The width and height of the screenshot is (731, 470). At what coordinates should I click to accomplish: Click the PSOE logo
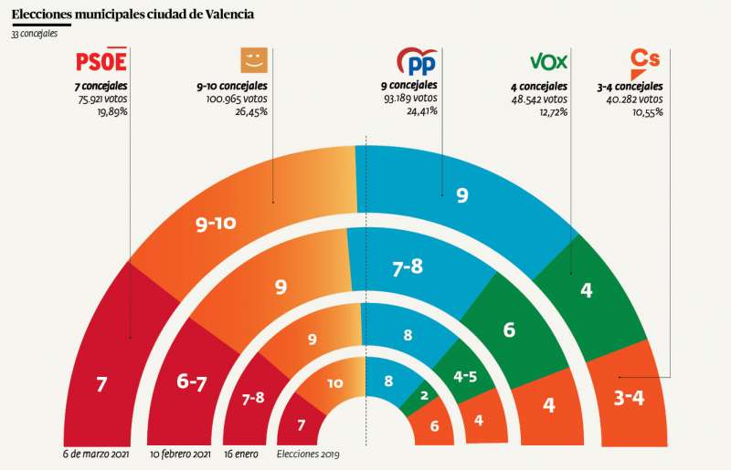click(101, 61)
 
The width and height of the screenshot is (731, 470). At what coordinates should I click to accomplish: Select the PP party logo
click(416, 61)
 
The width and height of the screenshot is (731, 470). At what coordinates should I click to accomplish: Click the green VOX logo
click(549, 61)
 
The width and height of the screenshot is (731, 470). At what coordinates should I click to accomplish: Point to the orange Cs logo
click(645, 60)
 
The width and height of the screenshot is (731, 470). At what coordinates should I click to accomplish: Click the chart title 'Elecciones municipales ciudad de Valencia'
click(133, 15)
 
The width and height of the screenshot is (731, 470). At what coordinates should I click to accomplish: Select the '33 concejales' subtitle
click(35, 34)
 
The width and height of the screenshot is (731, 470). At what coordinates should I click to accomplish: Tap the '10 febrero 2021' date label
click(182, 454)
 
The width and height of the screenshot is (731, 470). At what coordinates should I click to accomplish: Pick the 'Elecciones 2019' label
click(307, 454)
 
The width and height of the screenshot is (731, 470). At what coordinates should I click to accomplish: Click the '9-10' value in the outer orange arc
click(218, 225)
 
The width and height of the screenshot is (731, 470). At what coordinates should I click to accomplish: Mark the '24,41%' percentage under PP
click(420, 111)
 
